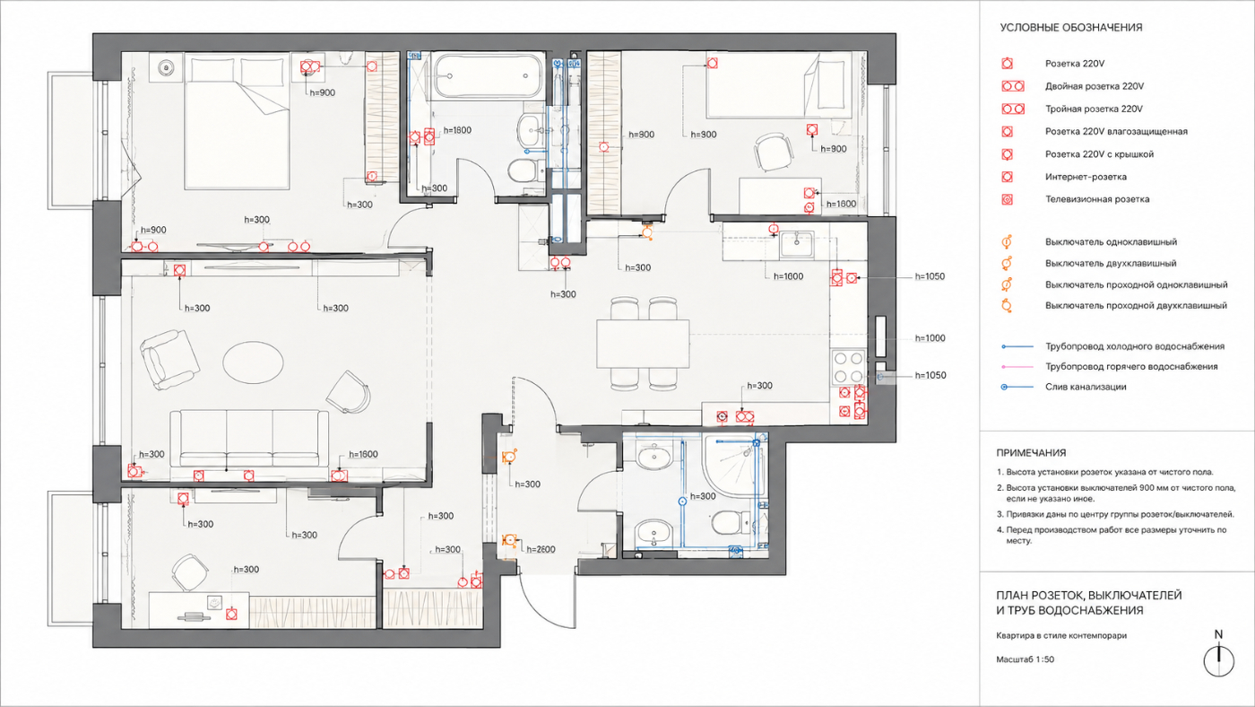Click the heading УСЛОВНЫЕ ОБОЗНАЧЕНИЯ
(x=1070, y=28)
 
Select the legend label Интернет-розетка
(x=1086, y=177)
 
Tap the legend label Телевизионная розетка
(x=1097, y=199)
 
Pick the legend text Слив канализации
(x=1086, y=387)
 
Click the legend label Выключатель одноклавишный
(x=1111, y=242)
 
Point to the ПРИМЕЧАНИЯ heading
(x=1031, y=452)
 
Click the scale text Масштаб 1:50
(x=1025, y=659)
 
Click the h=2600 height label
(x=541, y=549)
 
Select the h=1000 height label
(x=930, y=338)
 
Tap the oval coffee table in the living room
(x=253, y=362)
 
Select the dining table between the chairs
(x=644, y=343)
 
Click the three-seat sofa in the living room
(x=249, y=438)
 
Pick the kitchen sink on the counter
(x=797, y=243)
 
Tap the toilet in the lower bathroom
(x=731, y=522)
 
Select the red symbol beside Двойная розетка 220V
(x=1013, y=86)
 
